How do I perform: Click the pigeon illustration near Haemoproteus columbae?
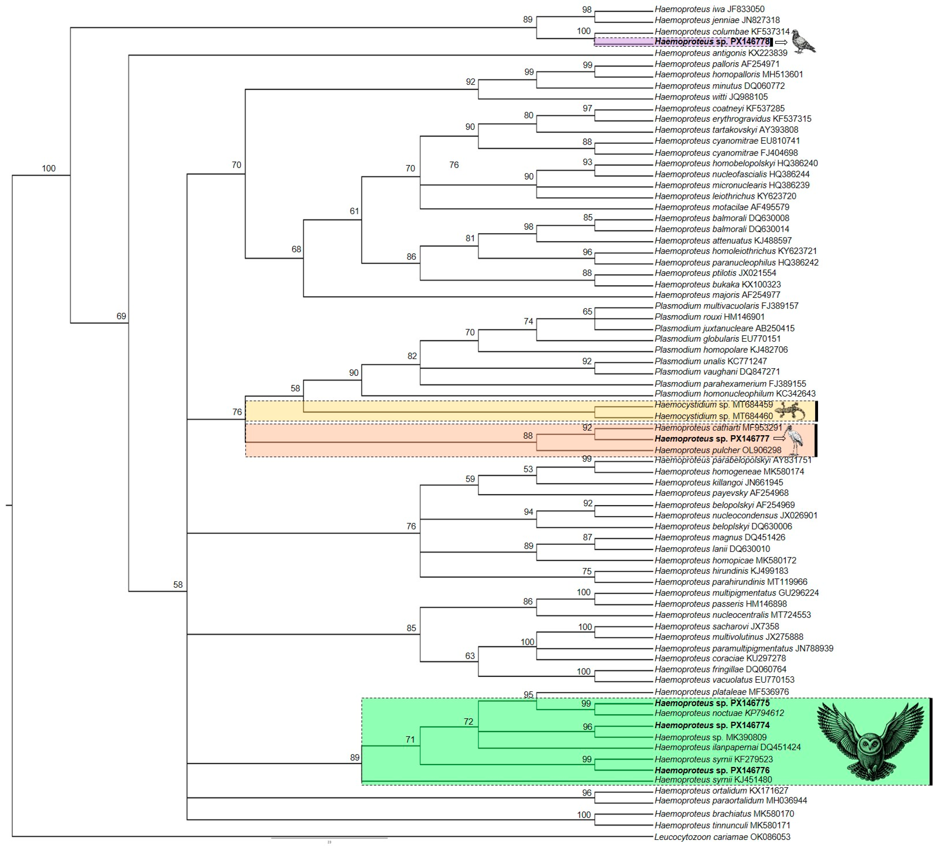point(803,42)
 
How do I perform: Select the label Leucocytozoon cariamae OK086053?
point(722,837)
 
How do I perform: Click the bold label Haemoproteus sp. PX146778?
point(712,42)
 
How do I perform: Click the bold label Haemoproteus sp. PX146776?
point(712,770)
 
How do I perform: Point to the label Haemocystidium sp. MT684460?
point(714,416)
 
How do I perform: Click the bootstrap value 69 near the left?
point(121,316)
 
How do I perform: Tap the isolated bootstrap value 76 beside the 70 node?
point(454,165)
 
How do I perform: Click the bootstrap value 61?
point(354,211)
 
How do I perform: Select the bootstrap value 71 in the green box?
point(410,739)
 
